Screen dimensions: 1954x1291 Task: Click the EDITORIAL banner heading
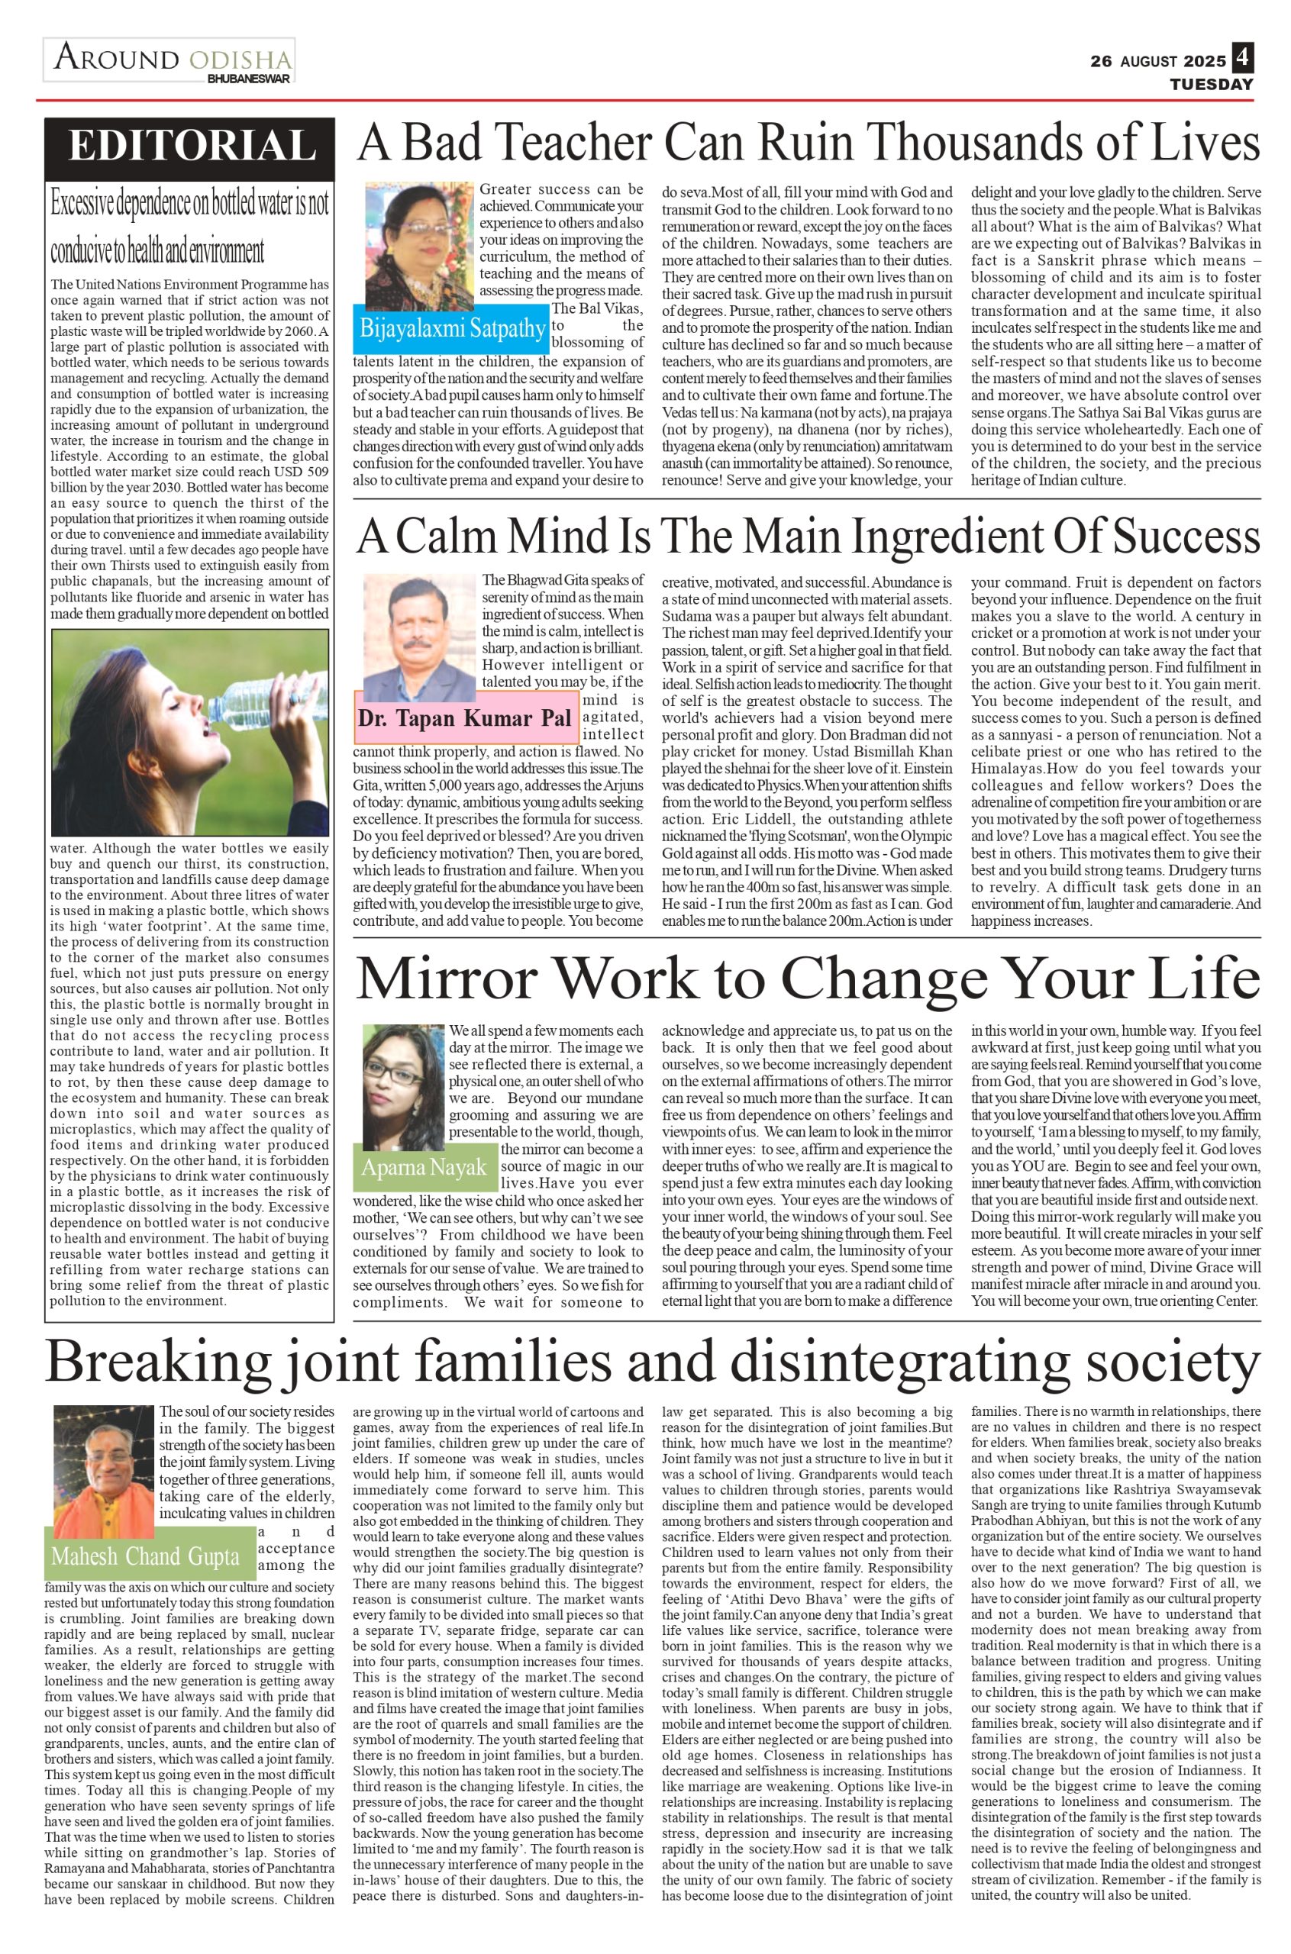click(x=190, y=147)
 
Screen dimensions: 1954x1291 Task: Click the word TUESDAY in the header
click(x=1212, y=84)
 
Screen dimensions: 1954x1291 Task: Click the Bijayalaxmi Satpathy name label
click(x=451, y=328)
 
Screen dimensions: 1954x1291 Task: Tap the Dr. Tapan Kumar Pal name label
click(x=464, y=717)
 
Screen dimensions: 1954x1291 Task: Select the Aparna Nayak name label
click(x=423, y=1167)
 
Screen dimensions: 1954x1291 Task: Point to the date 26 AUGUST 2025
click(x=1157, y=61)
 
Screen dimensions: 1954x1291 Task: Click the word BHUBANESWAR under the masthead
click(x=248, y=79)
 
